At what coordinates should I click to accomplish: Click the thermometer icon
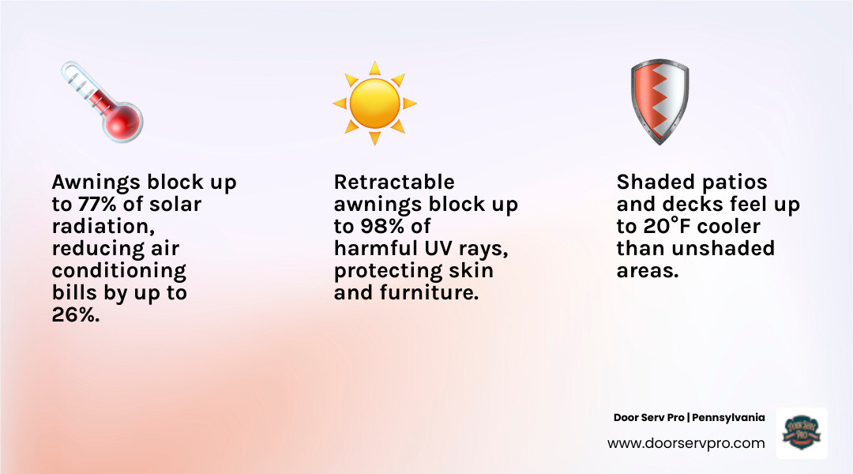tap(101, 103)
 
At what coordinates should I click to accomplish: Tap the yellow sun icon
tap(374, 103)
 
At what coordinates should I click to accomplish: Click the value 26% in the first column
tap(77, 315)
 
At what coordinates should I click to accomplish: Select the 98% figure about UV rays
tap(385, 227)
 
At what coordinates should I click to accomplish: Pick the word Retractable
tap(394, 182)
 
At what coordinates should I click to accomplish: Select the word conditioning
tap(118, 271)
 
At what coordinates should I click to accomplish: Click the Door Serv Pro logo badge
tap(802, 433)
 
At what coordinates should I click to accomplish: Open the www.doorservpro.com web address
tap(686, 443)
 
